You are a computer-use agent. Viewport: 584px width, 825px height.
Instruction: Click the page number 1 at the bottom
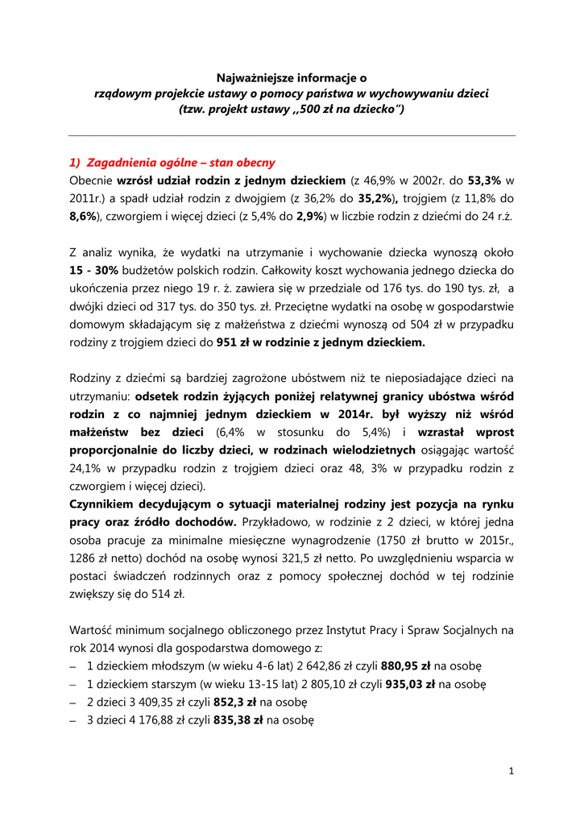click(x=512, y=771)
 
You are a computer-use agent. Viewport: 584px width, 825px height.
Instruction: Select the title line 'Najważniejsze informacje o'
click(x=292, y=78)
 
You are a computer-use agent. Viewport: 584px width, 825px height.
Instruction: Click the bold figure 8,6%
click(x=85, y=216)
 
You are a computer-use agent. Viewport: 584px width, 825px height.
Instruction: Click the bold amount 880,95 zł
click(x=406, y=666)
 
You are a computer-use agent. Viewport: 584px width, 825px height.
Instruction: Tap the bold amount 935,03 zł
click(x=409, y=684)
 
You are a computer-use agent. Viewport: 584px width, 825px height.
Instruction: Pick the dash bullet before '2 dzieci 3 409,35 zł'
click(x=73, y=702)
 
